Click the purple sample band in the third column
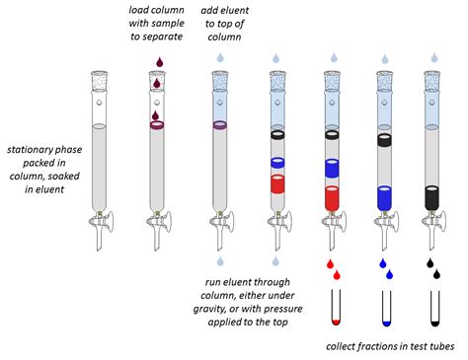point(222,125)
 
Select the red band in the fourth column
point(278,184)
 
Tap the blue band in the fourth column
point(278,163)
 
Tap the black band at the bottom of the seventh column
point(432,195)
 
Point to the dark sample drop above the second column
point(156,61)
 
